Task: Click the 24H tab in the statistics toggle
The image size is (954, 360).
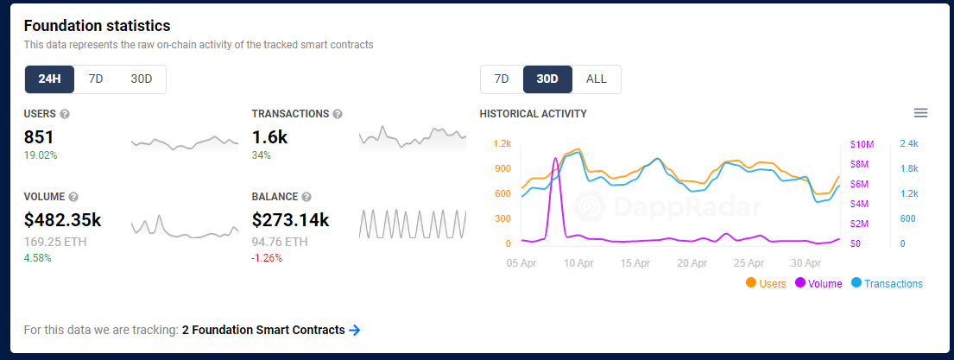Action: coord(50,79)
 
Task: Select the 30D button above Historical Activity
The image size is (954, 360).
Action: coord(547,79)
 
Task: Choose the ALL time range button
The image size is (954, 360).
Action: coord(597,79)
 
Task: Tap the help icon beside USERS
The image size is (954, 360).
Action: coord(65,114)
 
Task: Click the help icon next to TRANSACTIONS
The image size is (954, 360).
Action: coord(338,114)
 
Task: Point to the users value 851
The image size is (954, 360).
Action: coord(39,136)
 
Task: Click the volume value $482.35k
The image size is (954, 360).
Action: coord(63,220)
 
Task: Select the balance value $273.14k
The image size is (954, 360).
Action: coord(291,220)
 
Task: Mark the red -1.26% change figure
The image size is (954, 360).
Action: coord(267,258)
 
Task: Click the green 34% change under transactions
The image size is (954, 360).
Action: coord(262,155)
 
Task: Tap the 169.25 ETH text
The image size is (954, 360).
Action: coord(55,242)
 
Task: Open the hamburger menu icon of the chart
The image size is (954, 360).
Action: coord(920,113)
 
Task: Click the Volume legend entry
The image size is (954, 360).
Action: coord(818,283)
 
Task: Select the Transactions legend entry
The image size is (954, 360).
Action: coord(887,283)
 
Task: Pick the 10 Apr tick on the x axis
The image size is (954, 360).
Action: coord(578,263)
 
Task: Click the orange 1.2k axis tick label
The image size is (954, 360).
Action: coord(502,143)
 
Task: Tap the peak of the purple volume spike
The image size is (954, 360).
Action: coord(555,158)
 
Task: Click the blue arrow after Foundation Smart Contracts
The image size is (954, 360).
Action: coord(354,330)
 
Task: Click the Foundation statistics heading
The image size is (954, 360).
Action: coord(98,26)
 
